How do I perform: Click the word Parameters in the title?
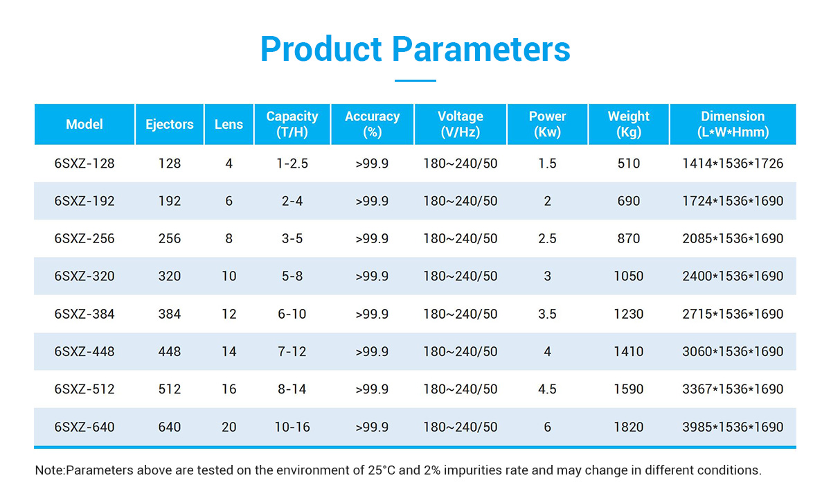point(481,49)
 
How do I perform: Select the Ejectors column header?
point(170,124)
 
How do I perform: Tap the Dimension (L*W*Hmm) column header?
point(733,124)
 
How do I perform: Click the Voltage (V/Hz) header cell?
point(461,124)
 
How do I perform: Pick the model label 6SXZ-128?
point(84,163)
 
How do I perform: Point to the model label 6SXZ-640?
point(84,427)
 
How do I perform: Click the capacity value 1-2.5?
point(292,163)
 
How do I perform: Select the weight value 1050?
point(629,276)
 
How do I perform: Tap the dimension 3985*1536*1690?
point(733,427)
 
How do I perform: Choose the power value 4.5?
point(547,389)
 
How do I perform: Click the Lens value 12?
point(229,315)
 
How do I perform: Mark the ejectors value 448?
point(170,351)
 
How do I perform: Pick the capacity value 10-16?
point(292,427)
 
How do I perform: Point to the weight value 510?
point(629,163)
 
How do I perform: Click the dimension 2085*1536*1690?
point(733,238)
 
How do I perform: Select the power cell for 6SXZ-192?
point(547,201)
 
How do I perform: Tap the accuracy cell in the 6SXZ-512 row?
point(372,389)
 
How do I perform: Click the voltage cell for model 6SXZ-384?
point(461,315)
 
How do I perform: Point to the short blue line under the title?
point(415,80)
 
